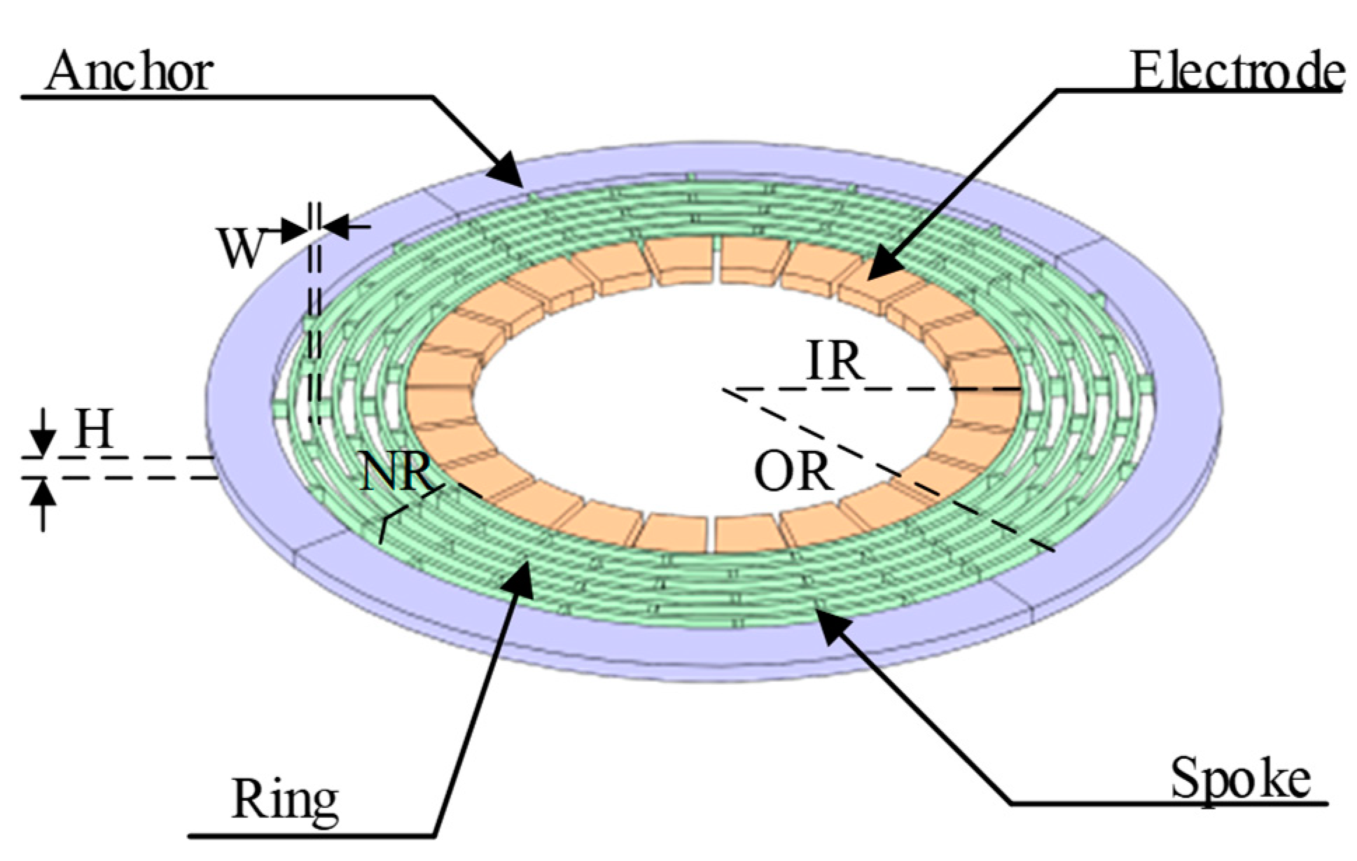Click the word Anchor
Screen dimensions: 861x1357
tap(129, 71)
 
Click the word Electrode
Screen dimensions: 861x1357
tap(1238, 71)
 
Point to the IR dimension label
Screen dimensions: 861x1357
tap(835, 361)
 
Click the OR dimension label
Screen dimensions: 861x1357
tap(793, 470)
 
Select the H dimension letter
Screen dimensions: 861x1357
tap(93, 429)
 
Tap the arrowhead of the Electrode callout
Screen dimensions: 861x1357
tap(879, 269)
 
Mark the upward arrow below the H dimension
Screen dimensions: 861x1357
tap(43, 494)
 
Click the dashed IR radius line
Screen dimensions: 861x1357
tap(875, 388)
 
